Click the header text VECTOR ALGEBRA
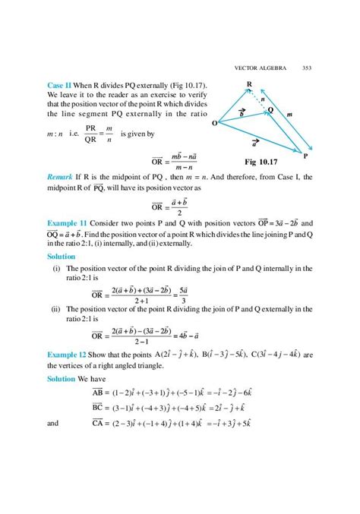261,66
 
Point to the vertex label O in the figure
215,122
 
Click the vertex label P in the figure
305,156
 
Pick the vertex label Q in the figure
270,109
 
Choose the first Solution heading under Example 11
63,257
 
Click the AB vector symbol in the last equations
102,393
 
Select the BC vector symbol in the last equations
102,407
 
